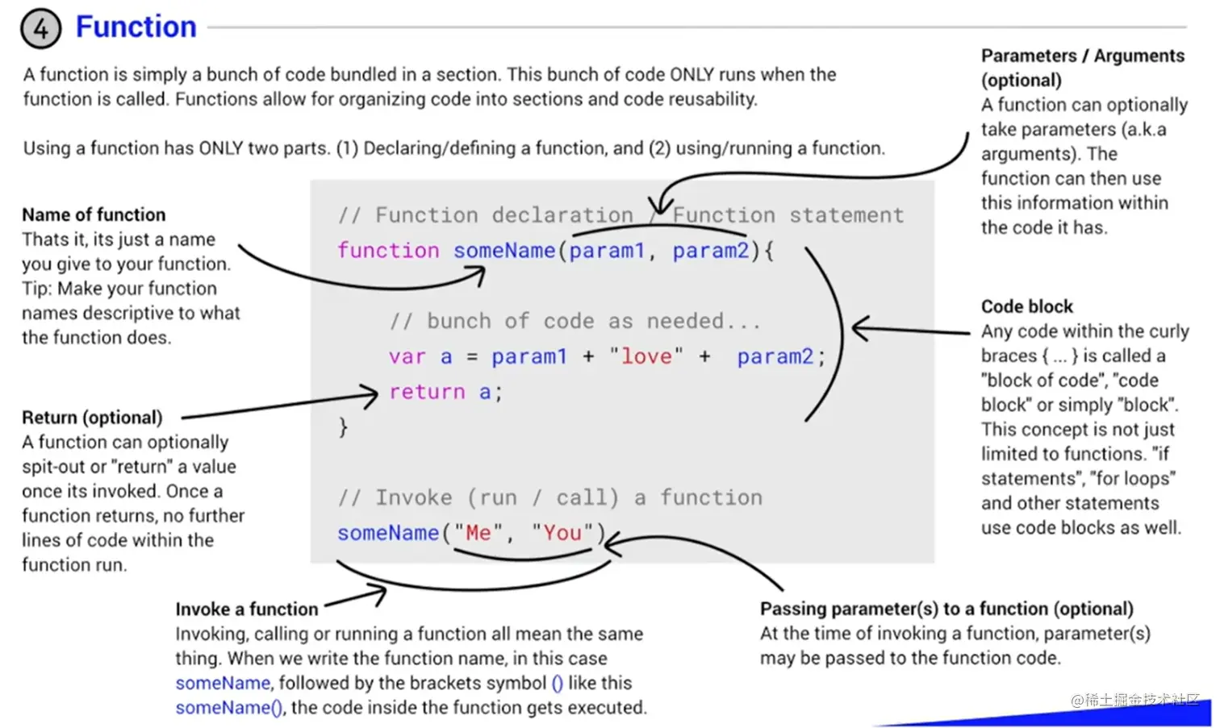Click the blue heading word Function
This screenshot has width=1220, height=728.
coord(136,27)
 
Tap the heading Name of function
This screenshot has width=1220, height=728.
coord(94,214)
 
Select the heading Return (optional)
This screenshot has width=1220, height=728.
coord(92,417)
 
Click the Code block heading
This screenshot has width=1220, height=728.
coord(1026,306)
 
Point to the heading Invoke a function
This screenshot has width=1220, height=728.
coord(247,609)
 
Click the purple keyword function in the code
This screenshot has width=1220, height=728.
coord(387,251)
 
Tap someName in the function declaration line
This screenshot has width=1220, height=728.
coord(503,251)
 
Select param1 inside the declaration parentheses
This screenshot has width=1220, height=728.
coord(607,251)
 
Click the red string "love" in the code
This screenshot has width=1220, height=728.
coord(646,356)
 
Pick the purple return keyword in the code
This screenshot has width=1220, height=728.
coord(427,392)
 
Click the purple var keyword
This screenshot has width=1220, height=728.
coord(407,356)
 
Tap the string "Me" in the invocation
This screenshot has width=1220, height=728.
coord(478,533)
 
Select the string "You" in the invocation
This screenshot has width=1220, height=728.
coord(562,533)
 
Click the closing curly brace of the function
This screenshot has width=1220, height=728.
coord(343,426)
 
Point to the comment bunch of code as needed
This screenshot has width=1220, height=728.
coord(574,321)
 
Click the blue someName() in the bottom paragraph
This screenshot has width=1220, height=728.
coord(228,707)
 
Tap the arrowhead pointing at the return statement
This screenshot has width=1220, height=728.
coord(371,395)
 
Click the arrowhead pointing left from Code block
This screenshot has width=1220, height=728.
coord(860,328)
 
